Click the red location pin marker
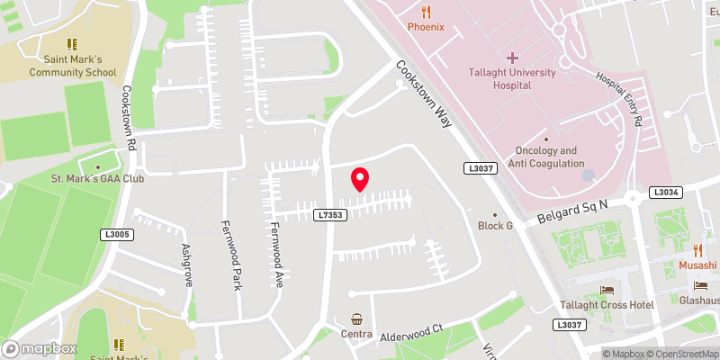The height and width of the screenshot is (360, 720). coord(360,179)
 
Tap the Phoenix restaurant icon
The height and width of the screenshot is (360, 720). coord(426,12)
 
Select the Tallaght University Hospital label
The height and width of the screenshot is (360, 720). coord(511,78)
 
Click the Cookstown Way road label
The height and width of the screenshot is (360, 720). coord(423,94)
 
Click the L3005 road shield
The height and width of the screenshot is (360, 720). coord(116,235)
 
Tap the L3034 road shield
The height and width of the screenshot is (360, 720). coord(666,192)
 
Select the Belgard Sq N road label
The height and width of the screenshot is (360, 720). coord(573,211)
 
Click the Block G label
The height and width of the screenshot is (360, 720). coord(494,225)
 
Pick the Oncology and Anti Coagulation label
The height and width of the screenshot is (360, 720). coord(545,157)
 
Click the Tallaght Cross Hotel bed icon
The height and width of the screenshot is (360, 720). coord(606,290)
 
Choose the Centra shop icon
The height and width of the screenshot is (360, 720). coord(357,319)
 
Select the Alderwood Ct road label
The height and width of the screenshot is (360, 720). coord(412,329)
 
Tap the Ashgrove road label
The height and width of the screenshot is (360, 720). coord(187,264)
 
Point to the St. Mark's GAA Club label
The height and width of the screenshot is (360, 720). coord(97,178)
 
